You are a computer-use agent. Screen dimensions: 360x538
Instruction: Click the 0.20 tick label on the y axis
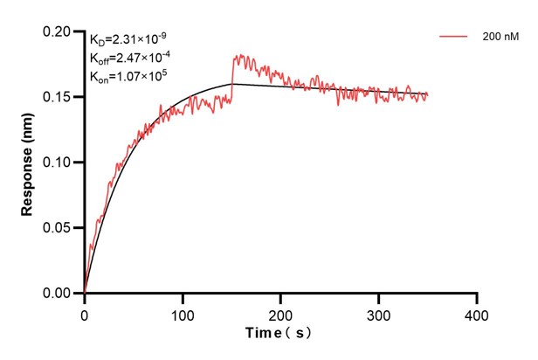pos(59,31)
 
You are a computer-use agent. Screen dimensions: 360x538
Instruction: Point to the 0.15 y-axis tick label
pos(59,97)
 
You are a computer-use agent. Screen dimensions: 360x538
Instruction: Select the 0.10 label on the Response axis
pos(59,163)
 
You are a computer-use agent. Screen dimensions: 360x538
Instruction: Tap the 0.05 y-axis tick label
pos(59,228)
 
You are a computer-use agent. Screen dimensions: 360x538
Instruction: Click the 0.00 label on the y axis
pos(59,294)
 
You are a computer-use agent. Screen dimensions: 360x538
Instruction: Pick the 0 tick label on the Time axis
pos(84,312)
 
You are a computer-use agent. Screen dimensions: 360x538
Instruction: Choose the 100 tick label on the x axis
pos(183,312)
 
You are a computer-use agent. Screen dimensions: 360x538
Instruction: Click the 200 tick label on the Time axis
pos(280,312)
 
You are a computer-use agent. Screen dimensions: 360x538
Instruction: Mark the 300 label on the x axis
pos(378,312)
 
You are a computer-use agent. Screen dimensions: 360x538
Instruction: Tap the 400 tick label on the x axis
pos(476,312)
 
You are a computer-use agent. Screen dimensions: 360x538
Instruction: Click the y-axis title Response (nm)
pos(28,162)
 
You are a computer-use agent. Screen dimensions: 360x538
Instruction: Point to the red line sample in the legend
pos(454,38)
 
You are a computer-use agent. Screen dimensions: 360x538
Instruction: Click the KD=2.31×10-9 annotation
pos(128,39)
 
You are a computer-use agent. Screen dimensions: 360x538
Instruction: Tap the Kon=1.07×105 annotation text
pos(128,76)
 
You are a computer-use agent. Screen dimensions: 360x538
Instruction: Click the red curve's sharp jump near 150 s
pos(232,77)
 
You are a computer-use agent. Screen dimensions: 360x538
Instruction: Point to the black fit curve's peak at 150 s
pos(232,84)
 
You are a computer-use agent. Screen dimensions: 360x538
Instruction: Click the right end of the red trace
pos(427,94)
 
